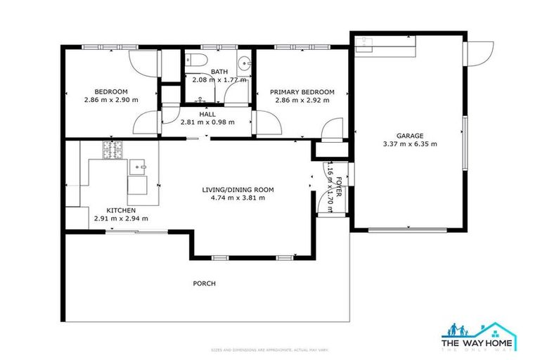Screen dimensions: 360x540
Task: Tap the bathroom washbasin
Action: [x=243, y=63]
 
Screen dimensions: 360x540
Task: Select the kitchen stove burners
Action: [x=112, y=150]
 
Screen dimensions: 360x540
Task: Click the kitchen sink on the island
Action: [x=137, y=167]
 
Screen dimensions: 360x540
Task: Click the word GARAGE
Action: [x=409, y=136]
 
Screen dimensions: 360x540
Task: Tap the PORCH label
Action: [x=204, y=283]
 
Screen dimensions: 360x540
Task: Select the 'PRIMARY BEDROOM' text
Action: [x=302, y=92]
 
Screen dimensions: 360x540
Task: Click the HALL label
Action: [x=207, y=113]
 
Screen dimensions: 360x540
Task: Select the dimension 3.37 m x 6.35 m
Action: [x=409, y=144]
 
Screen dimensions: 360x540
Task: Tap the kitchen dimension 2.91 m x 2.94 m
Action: [x=121, y=219]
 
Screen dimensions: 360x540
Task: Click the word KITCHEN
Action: [x=121, y=210]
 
